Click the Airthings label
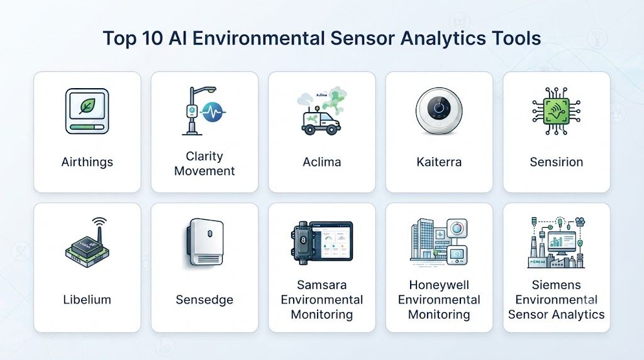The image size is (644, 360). (87, 162)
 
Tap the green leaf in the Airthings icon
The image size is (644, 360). (87, 106)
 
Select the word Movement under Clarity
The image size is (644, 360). (204, 171)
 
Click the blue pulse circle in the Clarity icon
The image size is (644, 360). (213, 111)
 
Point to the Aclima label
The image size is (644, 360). (322, 162)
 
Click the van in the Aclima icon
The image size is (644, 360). (321, 121)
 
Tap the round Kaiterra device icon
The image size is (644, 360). (439, 111)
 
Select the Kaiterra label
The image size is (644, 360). (439, 162)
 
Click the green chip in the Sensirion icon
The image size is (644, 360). (556, 111)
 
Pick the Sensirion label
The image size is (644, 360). (557, 162)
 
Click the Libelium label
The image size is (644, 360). (87, 300)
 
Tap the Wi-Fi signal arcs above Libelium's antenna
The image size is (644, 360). (99, 222)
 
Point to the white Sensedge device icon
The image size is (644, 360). (206, 242)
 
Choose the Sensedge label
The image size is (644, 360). (204, 300)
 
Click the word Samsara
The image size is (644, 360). (322, 285)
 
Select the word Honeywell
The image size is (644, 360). (439, 285)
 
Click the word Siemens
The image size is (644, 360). (557, 285)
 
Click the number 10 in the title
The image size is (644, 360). (153, 38)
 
